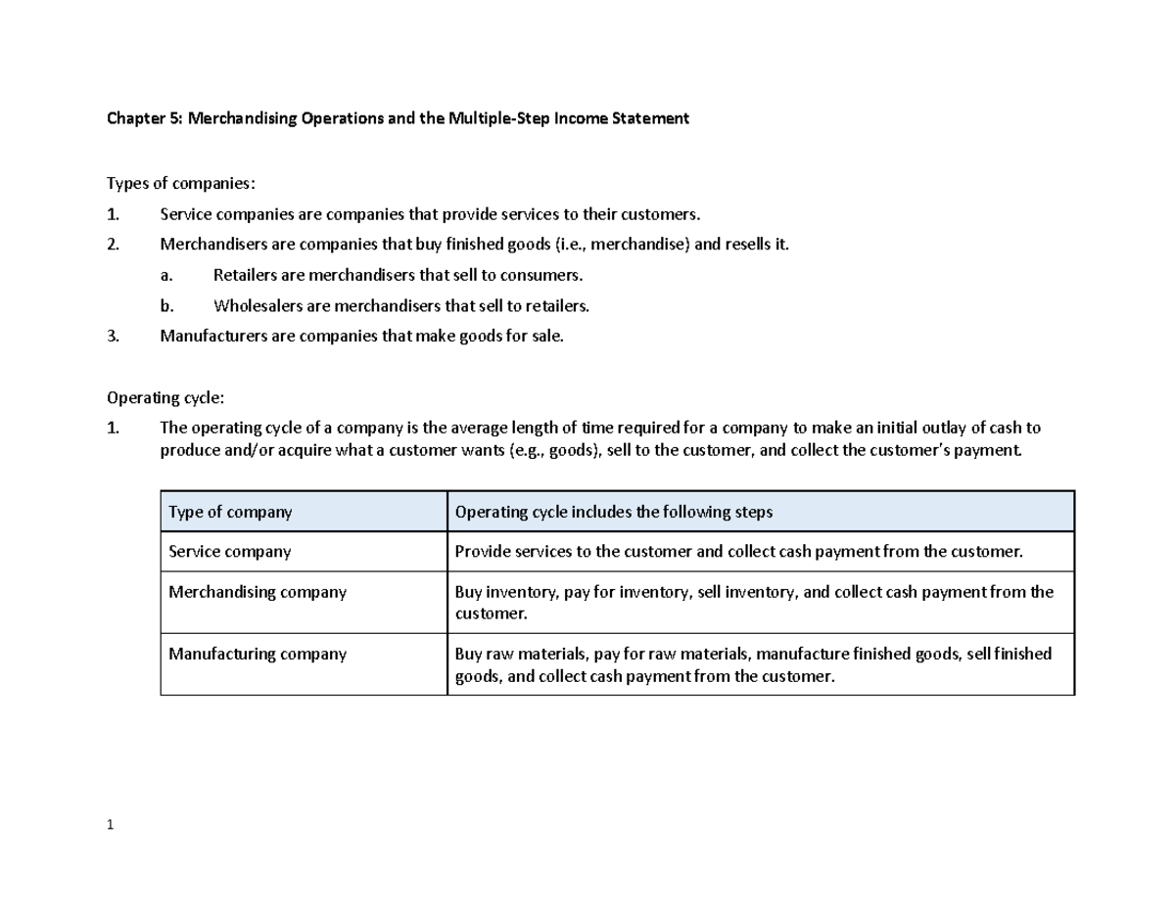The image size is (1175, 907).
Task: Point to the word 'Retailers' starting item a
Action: (245, 275)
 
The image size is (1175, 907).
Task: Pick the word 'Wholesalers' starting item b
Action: (258, 306)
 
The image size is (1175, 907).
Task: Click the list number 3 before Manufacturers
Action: (113, 337)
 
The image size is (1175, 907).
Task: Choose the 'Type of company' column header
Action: (230, 512)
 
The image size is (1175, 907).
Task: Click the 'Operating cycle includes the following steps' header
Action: (614, 512)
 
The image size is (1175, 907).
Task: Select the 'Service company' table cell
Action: (230, 552)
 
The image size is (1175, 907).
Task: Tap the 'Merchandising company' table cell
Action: (258, 592)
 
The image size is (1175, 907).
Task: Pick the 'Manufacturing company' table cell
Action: (258, 654)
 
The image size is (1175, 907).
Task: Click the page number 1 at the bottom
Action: (111, 824)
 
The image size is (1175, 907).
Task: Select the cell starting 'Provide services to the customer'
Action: (739, 552)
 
